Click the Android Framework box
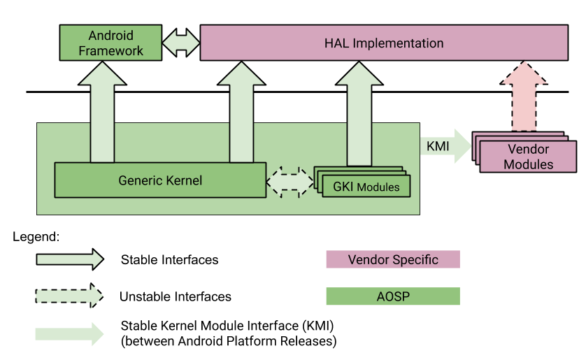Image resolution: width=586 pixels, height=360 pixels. [110, 43]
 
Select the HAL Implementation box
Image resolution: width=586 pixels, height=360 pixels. [384, 43]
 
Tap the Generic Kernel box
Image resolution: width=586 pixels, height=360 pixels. [160, 180]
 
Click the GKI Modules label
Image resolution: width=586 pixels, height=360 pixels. [366, 187]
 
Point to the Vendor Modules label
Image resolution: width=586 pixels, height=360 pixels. [528, 157]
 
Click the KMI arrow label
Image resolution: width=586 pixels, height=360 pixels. [438, 146]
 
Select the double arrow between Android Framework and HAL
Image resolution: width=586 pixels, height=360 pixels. [181, 43]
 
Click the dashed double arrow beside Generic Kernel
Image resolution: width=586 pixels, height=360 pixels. [290, 182]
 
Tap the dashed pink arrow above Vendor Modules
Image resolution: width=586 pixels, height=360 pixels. [524, 96]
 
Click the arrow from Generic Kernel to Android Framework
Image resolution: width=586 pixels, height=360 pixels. [102, 112]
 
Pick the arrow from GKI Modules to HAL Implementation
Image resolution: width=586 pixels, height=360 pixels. [359, 113]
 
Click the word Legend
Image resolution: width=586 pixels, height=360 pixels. [36, 237]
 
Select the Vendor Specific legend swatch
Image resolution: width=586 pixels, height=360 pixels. [393, 259]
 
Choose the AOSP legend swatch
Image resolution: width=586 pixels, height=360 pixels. [393, 296]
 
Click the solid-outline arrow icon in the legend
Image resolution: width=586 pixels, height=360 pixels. [70, 259]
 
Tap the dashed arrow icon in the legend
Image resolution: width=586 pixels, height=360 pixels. [69, 296]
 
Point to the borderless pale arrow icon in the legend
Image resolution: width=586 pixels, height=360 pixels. [69, 334]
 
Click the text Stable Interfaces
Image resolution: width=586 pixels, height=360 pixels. [170, 259]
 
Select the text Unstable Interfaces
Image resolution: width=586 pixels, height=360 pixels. [176, 296]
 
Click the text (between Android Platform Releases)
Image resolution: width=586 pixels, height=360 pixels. [229, 341]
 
